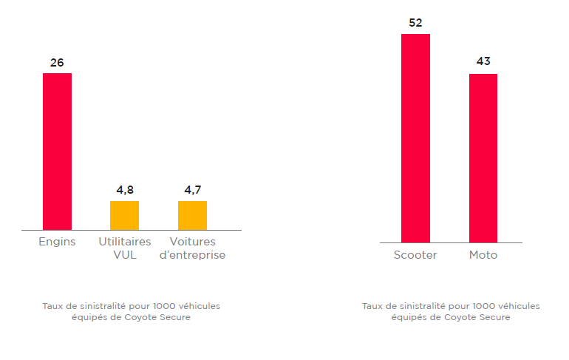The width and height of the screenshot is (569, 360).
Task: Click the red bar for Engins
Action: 57,152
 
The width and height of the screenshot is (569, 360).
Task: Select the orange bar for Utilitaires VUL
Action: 124,215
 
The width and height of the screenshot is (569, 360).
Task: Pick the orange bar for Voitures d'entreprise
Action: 192,215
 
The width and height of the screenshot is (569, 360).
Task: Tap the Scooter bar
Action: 415,138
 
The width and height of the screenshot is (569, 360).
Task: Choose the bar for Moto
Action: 483,158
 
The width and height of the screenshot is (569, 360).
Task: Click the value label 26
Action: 57,63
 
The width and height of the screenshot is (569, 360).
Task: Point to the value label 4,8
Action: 125,190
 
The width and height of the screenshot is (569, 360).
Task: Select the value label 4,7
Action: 192,190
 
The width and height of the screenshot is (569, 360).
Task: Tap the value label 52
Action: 415,23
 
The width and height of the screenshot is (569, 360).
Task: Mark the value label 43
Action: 483,61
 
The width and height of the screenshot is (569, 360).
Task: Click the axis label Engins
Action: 57,242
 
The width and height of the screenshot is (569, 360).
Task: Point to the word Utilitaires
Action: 125,242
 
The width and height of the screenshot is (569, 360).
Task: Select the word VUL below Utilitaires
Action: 125,255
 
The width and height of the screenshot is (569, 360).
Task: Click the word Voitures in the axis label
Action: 192,242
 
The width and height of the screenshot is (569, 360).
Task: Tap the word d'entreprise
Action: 192,255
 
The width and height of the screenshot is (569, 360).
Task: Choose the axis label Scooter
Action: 415,255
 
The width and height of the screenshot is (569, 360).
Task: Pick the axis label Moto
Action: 483,255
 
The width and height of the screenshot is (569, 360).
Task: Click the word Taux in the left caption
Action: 53,305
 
